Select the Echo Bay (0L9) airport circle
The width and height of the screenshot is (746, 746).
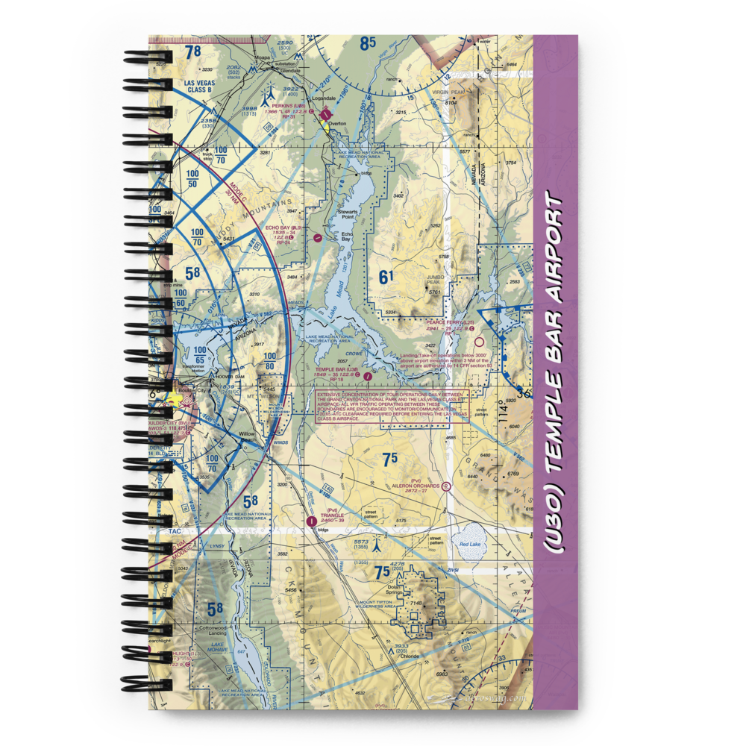coord(318,238)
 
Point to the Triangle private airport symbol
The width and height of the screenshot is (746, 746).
coord(312,522)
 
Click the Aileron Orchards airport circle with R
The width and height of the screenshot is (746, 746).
coord(446,486)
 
